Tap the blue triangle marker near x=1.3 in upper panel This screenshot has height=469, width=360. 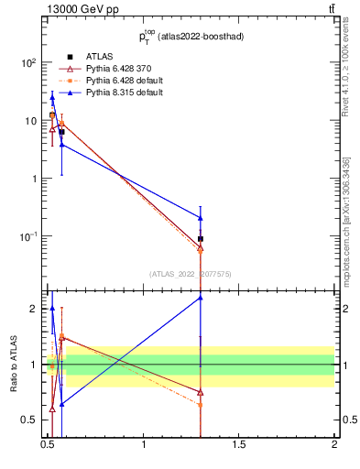(200, 218)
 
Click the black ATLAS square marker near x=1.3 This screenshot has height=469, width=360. (200, 239)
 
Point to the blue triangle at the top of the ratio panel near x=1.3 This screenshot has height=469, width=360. (200, 298)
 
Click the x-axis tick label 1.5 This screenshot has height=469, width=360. (239, 445)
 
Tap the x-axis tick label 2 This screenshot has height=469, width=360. (334, 445)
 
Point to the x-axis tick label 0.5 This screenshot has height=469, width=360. (49, 445)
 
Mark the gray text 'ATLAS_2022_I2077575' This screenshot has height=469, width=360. (191, 273)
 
